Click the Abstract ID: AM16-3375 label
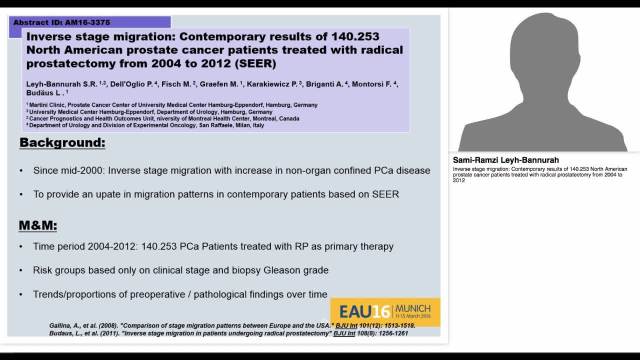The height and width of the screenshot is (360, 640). point(61,22)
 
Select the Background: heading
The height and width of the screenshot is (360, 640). point(62,143)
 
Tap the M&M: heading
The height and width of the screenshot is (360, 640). point(38,225)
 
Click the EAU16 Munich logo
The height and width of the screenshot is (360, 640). point(385,312)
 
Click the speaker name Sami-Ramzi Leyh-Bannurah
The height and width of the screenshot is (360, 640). point(505,160)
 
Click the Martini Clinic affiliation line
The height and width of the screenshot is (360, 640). point(173,105)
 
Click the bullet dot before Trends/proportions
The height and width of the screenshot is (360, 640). point(21,294)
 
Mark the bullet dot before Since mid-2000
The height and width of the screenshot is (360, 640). point(21,170)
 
